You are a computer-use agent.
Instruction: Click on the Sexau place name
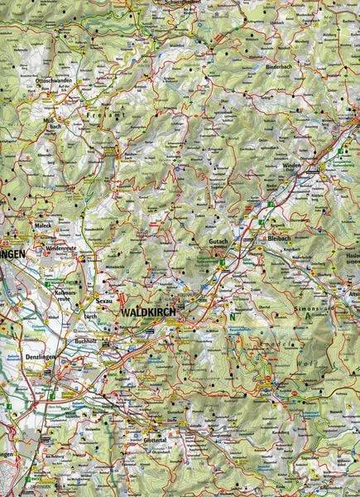pos(103,302)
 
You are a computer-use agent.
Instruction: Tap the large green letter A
pos(308,316)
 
